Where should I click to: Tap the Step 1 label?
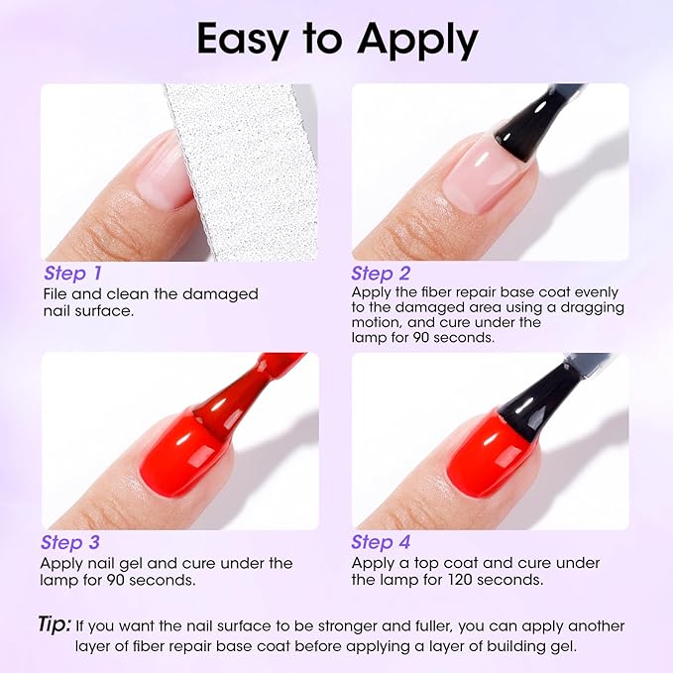coord(72,273)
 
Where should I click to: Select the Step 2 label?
coord(382,273)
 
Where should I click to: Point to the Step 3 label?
coord(72,542)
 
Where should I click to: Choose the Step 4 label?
coord(382,542)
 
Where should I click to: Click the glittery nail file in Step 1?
coord(238,168)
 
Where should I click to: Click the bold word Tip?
coord(55,624)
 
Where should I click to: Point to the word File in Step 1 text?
coord(56,293)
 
